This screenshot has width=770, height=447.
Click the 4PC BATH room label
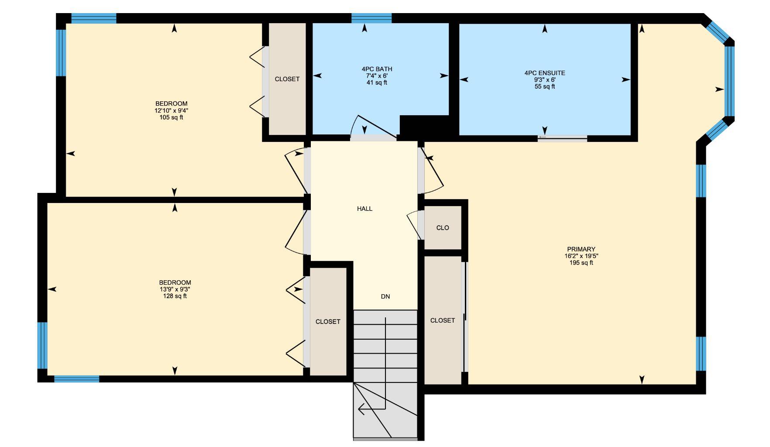coord(377,69)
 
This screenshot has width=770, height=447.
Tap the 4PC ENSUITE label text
coord(545,73)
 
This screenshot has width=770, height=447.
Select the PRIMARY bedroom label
coord(581,249)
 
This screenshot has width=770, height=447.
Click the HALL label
coord(364,209)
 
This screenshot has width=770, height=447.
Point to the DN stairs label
coord(385,296)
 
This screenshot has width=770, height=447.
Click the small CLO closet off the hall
coord(443,228)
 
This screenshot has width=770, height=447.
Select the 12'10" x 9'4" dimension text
coord(171,110)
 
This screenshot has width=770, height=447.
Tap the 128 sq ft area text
coord(175,296)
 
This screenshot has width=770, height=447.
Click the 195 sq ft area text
coord(581,263)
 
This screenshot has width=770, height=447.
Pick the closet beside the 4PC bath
coord(287,79)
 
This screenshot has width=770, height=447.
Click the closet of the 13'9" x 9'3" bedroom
coord(328,322)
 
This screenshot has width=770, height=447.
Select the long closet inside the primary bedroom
coord(443,320)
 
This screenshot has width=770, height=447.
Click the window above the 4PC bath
coord(371,18)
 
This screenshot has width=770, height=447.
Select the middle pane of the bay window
coord(729,81)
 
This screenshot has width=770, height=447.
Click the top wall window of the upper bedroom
coord(94,18)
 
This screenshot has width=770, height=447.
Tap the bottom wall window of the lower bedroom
coord(76,378)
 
